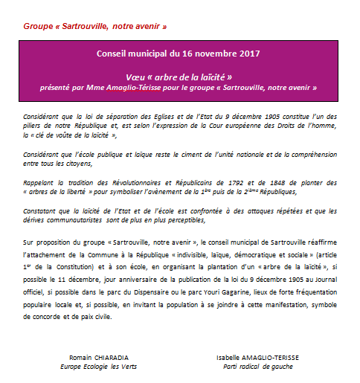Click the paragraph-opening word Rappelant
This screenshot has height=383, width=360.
click(x=41, y=182)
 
